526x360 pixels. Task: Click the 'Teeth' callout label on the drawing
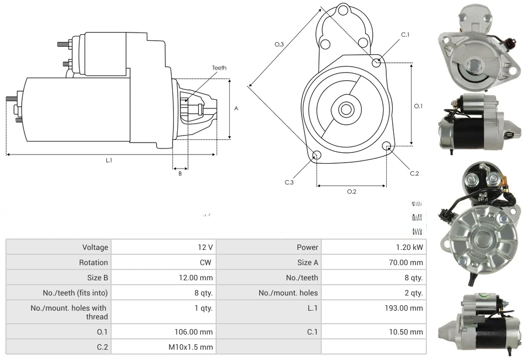219,68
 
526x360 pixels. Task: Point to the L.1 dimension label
109,160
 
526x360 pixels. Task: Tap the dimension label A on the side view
236,108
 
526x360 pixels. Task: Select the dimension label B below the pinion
180,174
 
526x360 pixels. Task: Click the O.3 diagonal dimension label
280,44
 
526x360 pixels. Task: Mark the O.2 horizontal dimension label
351,191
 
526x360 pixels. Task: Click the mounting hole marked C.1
376,62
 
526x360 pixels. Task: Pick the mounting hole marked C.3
317,156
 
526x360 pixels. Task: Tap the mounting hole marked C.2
387,146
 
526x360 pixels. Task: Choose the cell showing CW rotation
207,262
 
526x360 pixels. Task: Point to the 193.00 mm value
401,308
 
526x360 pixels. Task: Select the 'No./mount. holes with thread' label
69,312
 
